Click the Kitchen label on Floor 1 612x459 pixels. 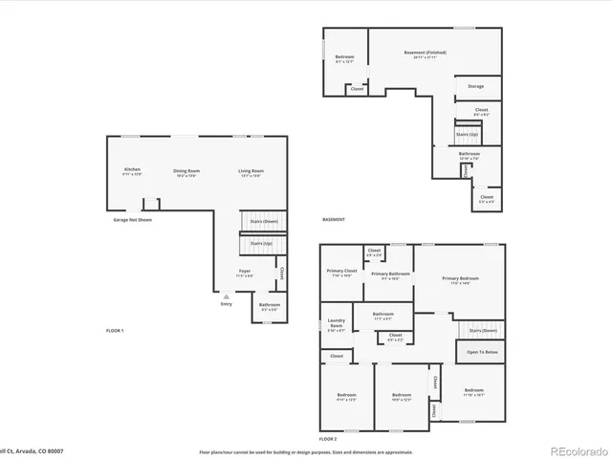pos(132,171)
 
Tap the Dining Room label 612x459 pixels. pos(186,171)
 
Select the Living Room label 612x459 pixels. pos(251,171)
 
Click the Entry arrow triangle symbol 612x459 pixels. pos(226,297)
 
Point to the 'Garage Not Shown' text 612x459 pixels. pos(132,219)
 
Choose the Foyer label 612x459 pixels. pos(246,272)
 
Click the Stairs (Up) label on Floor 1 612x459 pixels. pos(261,243)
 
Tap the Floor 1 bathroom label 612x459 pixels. pos(269,305)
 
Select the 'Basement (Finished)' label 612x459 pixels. pos(425,53)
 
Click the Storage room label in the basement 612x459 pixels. pos(475,86)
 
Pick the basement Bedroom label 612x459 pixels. pos(344,57)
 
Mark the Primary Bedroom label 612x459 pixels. pos(460,278)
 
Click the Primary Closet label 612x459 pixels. pos(340,272)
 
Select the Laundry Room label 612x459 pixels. pos(336,322)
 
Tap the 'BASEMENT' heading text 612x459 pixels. pos(334,219)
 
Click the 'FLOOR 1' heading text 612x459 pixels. pos(115,330)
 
